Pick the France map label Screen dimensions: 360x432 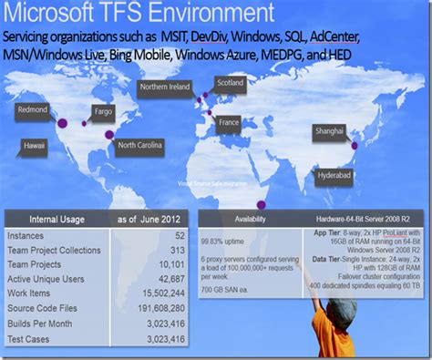pyautogui.click(x=229, y=121)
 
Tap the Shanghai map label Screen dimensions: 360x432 pyautogui.click(x=330, y=129)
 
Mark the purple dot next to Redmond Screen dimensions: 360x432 pyautogui.click(x=63, y=122)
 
